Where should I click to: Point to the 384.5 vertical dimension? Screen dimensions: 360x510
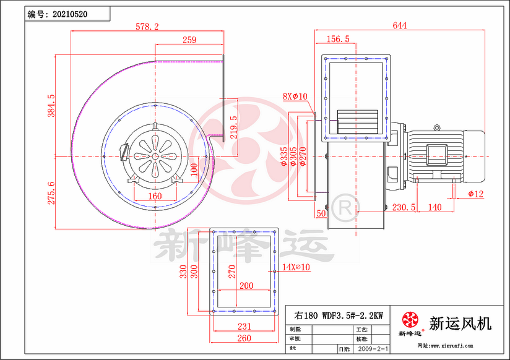[51, 106]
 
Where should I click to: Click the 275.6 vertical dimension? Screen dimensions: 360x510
[51, 192]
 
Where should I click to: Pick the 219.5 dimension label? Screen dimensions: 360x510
[233, 128]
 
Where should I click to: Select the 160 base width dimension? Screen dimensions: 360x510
[154, 197]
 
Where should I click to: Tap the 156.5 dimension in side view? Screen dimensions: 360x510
[338, 39]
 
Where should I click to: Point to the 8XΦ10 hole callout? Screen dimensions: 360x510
[295, 96]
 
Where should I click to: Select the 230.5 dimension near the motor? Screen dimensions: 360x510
[404, 207]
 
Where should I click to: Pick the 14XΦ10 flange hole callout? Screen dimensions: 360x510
[296, 267]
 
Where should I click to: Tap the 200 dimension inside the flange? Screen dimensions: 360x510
[245, 286]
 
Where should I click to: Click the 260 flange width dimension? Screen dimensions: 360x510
[244, 338]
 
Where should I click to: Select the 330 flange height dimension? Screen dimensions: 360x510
[184, 272]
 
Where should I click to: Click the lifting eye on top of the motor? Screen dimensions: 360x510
[436, 128]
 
